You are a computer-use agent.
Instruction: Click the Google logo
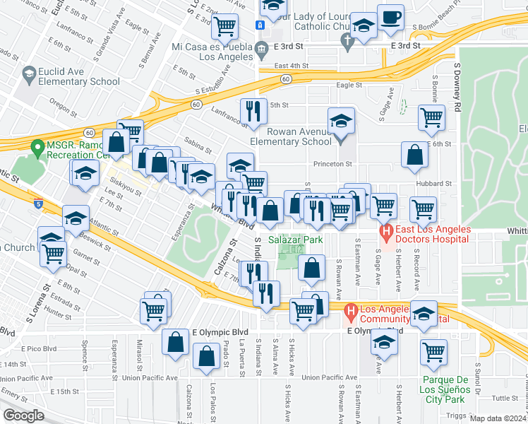(x=23, y=416)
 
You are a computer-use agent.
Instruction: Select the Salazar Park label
(x=300, y=240)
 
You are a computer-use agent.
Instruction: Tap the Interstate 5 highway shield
(x=37, y=204)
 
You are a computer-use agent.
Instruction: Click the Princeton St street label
(x=332, y=164)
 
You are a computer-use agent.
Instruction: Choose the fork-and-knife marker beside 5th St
(x=253, y=111)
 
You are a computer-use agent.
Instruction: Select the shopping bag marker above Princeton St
(x=415, y=155)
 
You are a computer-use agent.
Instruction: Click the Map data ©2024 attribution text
(x=498, y=418)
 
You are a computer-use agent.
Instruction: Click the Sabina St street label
(x=198, y=148)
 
